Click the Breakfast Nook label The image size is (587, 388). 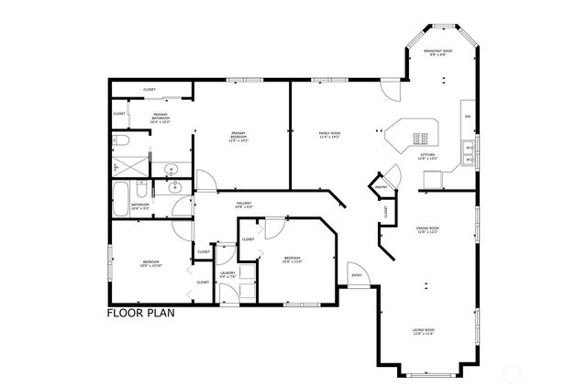pos(441,53)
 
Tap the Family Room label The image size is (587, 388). pos(329,136)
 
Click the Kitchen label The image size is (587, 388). pos(427,157)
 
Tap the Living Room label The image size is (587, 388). pos(423,331)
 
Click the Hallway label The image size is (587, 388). pos(243,205)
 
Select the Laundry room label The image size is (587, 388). pos(228,274)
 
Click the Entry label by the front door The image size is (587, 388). pos(356,274)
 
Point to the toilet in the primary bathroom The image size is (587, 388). pos(120,141)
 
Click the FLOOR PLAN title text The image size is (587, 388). pos(140,313)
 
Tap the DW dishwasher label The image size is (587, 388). pos(467,116)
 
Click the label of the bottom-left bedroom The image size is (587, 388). pos(150,264)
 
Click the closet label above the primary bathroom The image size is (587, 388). pos(149,89)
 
